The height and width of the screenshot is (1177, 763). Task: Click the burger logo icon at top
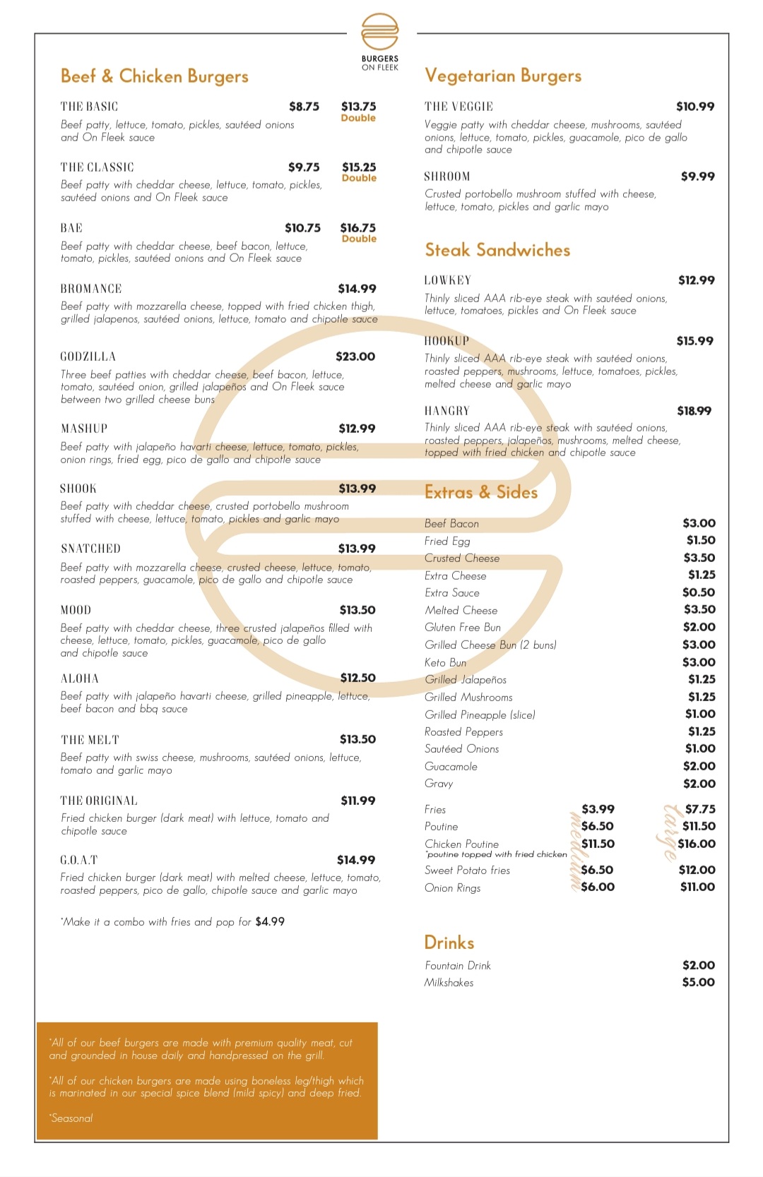point(380,32)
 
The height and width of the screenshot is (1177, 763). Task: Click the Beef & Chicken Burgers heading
point(155,76)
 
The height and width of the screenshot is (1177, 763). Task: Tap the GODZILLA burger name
point(88,357)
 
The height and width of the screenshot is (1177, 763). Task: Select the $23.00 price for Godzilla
point(355,357)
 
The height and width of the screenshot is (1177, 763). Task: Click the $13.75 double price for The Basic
point(359,107)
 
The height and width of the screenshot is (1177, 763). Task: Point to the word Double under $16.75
point(359,239)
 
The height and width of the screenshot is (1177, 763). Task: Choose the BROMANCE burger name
point(91,289)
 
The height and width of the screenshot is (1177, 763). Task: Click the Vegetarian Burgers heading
point(503,76)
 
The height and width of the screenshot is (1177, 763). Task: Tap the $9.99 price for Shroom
point(697,177)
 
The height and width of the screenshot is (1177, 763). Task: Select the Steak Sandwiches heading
point(497,250)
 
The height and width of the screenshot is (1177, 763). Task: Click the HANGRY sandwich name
point(447,411)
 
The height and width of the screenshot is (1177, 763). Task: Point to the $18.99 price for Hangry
point(694,411)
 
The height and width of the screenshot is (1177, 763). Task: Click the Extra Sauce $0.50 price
point(699,592)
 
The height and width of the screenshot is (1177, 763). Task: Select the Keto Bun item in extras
point(445,662)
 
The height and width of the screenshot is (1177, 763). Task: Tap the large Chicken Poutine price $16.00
point(697,844)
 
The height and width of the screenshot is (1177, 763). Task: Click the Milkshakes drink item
point(449,983)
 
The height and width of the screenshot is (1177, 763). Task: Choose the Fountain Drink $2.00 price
point(698,965)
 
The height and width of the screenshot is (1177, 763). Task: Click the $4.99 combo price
point(270,921)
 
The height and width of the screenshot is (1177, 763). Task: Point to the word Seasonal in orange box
point(72,1118)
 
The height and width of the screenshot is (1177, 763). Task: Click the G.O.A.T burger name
point(79,860)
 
